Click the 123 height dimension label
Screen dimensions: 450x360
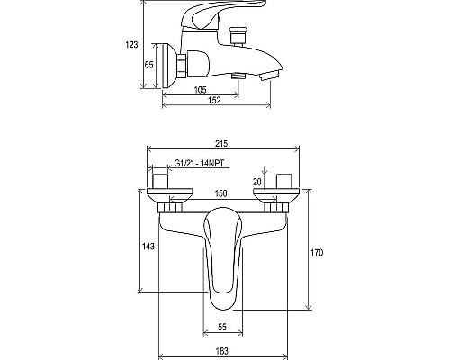(x=131, y=45)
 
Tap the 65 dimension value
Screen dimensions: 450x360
(x=149, y=65)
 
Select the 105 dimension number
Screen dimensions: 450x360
(x=200, y=90)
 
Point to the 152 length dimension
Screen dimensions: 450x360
(x=214, y=100)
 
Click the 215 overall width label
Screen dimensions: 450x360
(x=221, y=144)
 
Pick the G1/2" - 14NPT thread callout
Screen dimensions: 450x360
(x=199, y=163)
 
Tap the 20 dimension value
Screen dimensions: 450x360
(x=257, y=182)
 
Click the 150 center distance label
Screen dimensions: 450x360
(x=221, y=193)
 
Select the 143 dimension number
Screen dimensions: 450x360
(x=148, y=247)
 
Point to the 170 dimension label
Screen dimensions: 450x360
(x=317, y=253)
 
